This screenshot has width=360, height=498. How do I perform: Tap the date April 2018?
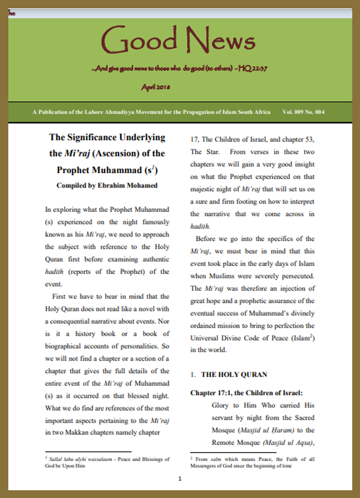pos(156,87)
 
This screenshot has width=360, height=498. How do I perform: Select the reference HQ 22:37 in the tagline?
pos(255,69)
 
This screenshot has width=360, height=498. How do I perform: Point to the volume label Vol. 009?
pos(293,112)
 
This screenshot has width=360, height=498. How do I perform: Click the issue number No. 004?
pos(316,112)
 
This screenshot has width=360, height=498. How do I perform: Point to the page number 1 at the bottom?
pos(179,479)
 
